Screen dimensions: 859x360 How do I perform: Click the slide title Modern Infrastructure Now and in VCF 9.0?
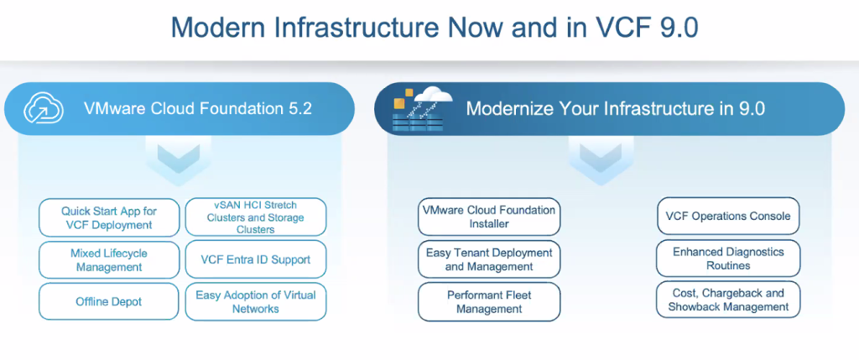click(x=435, y=28)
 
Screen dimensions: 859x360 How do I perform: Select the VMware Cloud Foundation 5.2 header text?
click(x=198, y=108)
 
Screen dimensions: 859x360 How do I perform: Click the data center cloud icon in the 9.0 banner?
click(x=423, y=109)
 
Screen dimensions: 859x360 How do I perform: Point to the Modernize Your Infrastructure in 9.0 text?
click(x=615, y=109)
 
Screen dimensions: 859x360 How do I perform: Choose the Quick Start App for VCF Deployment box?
click(x=109, y=217)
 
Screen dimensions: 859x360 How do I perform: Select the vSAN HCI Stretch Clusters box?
click(x=256, y=217)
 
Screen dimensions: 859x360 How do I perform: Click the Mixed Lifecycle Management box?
click(x=109, y=260)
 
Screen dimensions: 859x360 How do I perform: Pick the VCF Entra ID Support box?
click(x=256, y=260)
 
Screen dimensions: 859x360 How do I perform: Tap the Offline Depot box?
click(x=109, y=301)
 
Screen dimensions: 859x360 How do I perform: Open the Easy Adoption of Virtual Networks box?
click(x=256, y=301)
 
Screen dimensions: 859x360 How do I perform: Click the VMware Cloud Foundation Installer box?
click(x=489, y=217)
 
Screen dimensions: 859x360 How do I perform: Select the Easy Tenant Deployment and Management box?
click(x=489, y=259)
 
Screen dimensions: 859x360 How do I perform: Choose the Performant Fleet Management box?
click(x=489, y=301)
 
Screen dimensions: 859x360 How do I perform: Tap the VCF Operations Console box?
click(x=728, y=216)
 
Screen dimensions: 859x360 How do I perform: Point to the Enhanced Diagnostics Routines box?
click(x=728, y=258)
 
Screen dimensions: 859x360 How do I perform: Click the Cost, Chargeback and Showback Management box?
click(x=728, y=300)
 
